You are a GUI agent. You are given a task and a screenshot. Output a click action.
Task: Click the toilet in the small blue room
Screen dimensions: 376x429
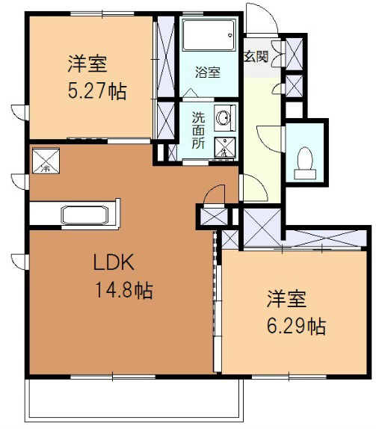pos(305,163)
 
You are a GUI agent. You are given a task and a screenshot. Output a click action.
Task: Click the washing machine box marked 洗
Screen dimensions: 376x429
pos(225,147)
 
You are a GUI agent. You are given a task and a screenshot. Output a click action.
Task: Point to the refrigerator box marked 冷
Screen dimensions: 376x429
pos(46,161)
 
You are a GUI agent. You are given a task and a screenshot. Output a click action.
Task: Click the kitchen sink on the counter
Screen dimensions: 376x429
pos(84,215)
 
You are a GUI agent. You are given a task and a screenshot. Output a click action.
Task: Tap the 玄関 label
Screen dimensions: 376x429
pos(256,57)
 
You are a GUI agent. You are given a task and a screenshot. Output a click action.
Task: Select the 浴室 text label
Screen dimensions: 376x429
pos(208,72)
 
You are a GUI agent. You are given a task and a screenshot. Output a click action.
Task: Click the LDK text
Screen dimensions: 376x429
pos(114,262)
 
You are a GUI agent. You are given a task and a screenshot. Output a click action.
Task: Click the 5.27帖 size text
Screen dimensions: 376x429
pos(97,91)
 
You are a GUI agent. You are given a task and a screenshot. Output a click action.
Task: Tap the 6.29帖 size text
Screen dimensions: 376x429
pos(296,326)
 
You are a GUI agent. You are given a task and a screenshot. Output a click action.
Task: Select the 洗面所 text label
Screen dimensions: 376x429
pos(198,130)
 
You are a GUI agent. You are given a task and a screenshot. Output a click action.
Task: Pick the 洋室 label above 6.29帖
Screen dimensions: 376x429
pos(286,299)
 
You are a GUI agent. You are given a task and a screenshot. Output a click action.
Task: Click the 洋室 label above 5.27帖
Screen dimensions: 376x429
pos(87,64)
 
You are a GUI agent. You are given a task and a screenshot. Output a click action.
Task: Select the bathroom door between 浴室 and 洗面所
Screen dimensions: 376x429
pos(191,93)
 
